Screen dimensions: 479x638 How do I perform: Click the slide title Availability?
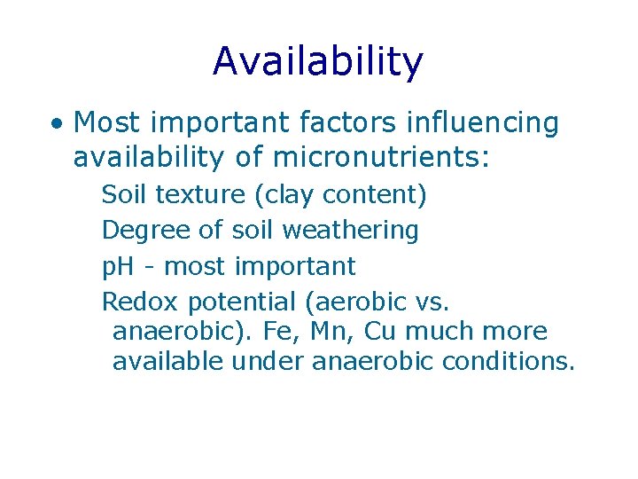coord(318,61)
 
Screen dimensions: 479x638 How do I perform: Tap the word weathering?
coord(350,231)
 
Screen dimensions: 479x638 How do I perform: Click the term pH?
coord(118,266)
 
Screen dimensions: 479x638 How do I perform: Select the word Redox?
coord(140,302)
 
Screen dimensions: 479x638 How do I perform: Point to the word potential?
coord(241,302)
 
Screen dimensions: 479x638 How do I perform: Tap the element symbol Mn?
coord(331,332)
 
